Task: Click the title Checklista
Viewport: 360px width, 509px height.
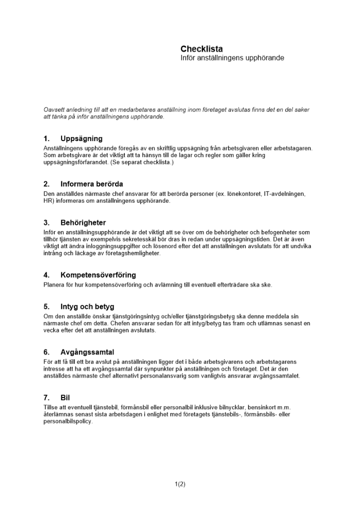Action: click(x=201, y=49)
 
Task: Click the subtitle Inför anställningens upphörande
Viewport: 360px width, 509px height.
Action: click(x=232, y=58)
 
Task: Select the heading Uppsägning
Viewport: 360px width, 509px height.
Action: click(x=81, y=138)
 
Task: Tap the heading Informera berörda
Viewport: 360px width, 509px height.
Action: click(x=92, y=184)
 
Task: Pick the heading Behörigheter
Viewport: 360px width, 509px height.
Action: click(x=83, y=222)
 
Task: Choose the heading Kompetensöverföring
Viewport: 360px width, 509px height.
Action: click(x=98, y=275)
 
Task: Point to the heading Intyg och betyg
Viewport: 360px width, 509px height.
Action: click(x=87, y=306)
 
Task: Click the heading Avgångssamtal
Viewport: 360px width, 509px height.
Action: click(x=87, y=352)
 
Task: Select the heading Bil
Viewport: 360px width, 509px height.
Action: click(x=65, y=397)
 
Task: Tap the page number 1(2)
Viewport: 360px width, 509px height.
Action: click(x=180, y=484)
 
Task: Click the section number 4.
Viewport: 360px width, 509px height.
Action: click(x=46, y=275)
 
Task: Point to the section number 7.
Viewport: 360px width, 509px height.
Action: click(x=46, y=397)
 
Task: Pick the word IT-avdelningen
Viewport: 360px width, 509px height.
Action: click(x=285, y=194)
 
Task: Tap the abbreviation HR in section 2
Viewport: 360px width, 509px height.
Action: click(x=48, y=201)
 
